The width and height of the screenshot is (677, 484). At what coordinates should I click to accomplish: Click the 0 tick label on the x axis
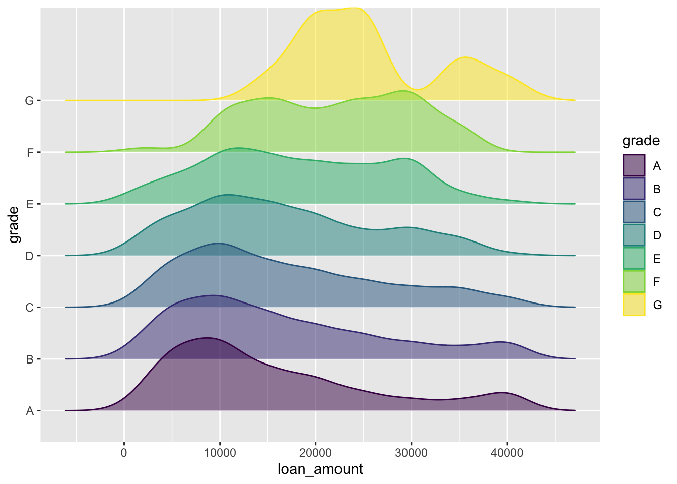pyautogui.click(x=124, y=453)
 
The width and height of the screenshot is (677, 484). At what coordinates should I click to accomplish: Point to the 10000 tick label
pyautogui.click(x=220, y=453)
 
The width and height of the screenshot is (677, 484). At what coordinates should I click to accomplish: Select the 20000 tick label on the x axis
pyautogui.click(x=315, y=453)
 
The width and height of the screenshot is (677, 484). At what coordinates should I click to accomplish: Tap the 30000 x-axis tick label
pyautogui.click(x=411, y=453)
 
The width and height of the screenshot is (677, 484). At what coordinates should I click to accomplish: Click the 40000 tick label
pyautogui.click(x=507, y=453)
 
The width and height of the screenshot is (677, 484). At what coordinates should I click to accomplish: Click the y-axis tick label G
pyautogui.click(x=29, y=101)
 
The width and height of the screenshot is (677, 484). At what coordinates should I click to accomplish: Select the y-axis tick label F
pyautogui.click(x=30, y=152)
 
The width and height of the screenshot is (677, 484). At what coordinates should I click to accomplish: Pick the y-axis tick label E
pyautogui.click(x=29, y=204)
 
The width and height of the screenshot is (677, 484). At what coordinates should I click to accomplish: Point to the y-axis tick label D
pyautogui.click(x=29, y=256)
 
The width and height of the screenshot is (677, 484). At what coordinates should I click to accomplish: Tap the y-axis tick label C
pyautogui.click(x=29, y=308)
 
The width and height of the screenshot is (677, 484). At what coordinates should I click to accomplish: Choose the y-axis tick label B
pyautogui.click(x=29, y=359)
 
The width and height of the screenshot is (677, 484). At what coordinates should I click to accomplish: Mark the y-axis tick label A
pyautogui.click(x=29, y=411)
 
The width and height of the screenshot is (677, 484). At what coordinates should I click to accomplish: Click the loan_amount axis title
pyautogui.click(x=320, y=469)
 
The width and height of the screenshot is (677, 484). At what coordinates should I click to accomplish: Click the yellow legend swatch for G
pyautogui.click(x=634, y=305)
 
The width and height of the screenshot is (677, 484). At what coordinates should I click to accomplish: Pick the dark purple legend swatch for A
pyautogui.click(x=634, y=165)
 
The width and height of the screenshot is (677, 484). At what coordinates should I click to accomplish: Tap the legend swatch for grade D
pyautogui.click(x=634, y=235)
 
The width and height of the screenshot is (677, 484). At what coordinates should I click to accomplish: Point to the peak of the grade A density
pyautogui.click(x=207, y=338)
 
